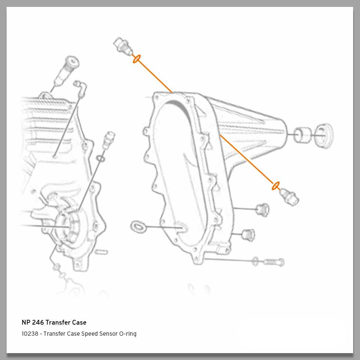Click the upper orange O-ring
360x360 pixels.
(x=136, y=59)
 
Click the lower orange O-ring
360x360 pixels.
(x=275, y=186)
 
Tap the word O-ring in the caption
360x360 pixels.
(x=128, y=334)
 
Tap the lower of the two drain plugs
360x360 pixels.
(x=247, y=234)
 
